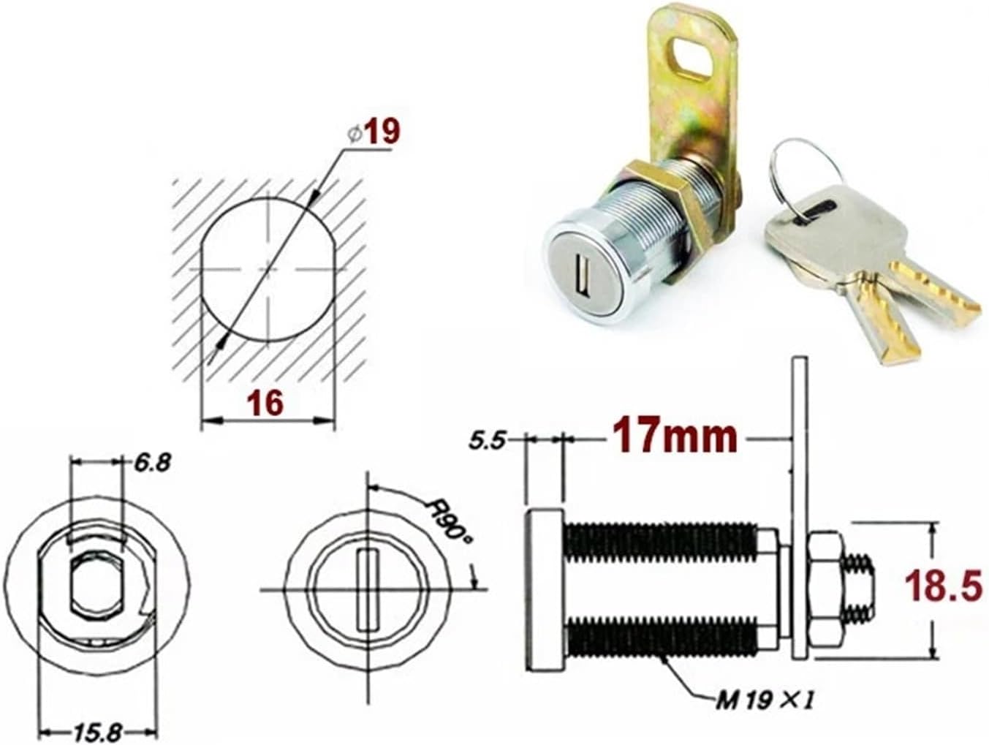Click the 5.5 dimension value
tap(487, 442)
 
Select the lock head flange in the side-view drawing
tap(544, 589)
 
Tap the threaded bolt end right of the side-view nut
tap(860, 589)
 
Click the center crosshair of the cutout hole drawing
tap(269, 269)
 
